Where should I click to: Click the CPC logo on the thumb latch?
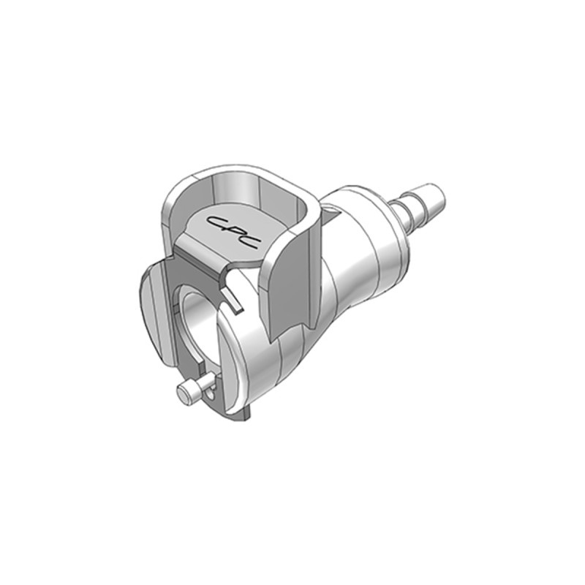point(233,232)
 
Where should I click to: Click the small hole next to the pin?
point(211,394)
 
